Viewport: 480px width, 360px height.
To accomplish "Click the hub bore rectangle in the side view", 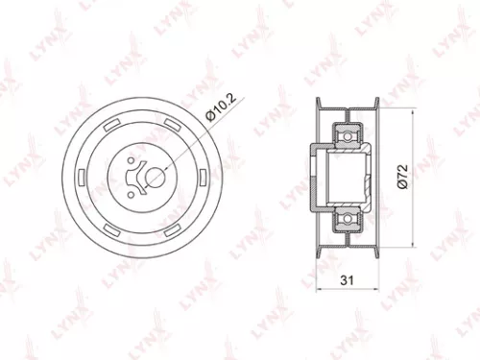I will pos(348,175).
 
